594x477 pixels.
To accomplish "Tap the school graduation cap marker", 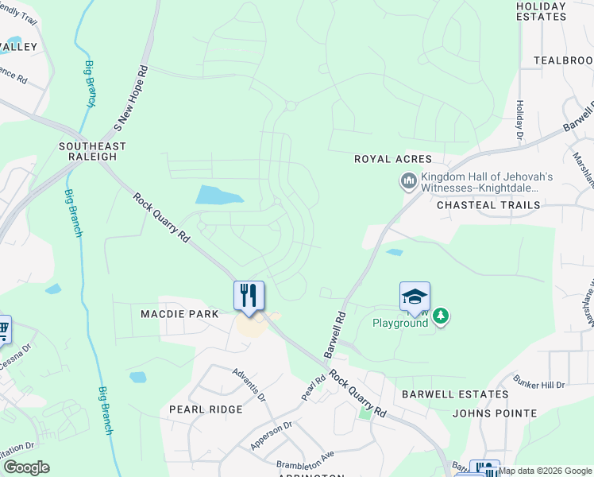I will (x=415, y=297).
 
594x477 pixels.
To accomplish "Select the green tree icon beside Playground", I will (x=441, y=316).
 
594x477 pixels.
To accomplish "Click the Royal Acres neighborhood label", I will (x=392, y=159).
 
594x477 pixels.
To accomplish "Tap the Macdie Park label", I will (x=179, y=314).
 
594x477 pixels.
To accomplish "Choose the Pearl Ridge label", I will (x=206, y=409).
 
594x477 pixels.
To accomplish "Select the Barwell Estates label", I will (x=455, y=394).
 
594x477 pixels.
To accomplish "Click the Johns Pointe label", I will (x=495, y=413).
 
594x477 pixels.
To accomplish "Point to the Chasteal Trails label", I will (x=488, y=205).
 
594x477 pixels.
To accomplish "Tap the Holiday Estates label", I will (x=541, y=10).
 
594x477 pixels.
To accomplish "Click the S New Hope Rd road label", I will (x=131, y=98).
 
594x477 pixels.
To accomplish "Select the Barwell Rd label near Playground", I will (x=334, y=333).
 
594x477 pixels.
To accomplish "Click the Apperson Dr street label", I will (x=272, y=436).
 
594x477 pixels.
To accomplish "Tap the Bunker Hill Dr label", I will (x=538, y=385).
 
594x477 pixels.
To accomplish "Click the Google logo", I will (x=26, y=467).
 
